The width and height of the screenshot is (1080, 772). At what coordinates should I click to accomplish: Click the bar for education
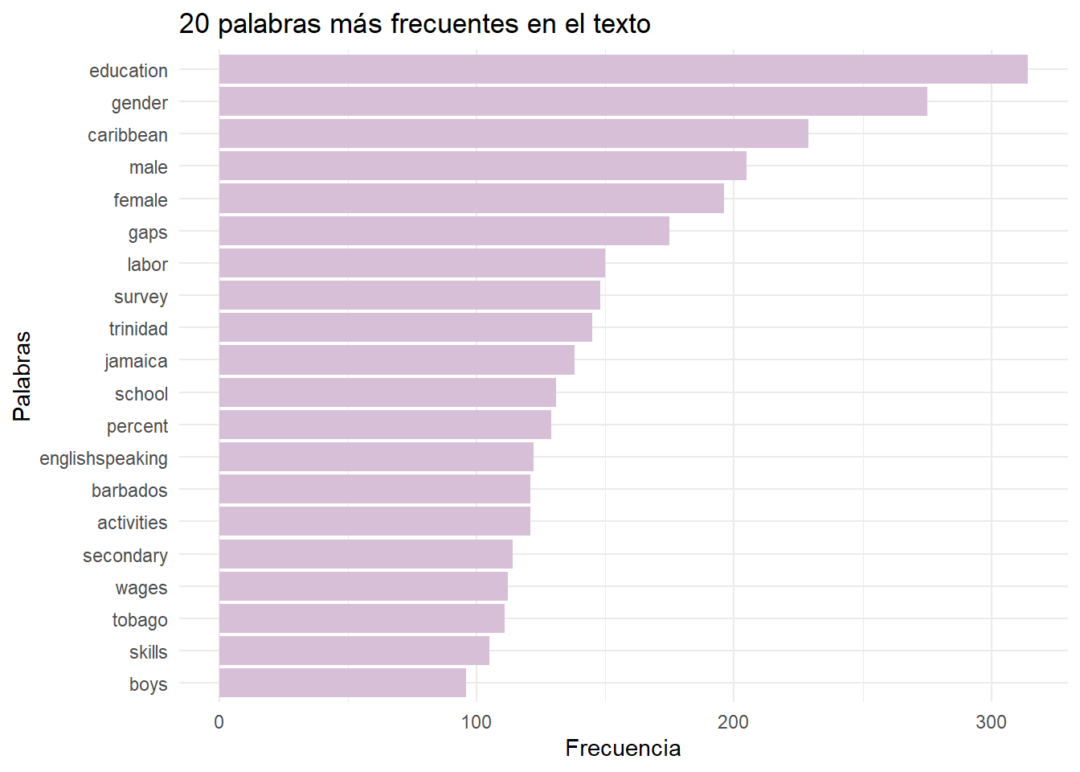pos(623,70)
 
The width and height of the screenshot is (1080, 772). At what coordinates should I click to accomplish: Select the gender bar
pos(573,102)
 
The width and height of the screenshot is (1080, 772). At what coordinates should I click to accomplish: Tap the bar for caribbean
pos(513,134)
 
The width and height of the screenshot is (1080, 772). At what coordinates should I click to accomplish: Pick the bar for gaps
pos(444,232)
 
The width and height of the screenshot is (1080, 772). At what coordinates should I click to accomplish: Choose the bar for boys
pos(342,684)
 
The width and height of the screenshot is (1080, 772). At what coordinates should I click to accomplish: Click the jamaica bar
pos(396,360)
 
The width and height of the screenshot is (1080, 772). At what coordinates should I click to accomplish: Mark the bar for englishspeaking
pos(376,458)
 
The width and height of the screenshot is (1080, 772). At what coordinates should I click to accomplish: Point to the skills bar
pos(354,651)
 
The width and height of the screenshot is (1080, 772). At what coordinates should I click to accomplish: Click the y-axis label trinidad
pos(138,329)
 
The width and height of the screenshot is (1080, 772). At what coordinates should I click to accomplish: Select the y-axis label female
pos(141,200)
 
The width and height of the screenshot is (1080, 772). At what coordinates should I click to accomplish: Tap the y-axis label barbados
pos(129,491)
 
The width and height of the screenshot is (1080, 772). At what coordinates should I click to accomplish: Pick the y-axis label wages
pos(141,588)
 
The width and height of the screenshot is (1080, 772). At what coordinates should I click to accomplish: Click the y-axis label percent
pos(137,426)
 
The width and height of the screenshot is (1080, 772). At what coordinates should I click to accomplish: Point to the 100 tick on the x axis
pos(477,722)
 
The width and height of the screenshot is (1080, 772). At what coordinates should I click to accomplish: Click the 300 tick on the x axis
pos(991,722)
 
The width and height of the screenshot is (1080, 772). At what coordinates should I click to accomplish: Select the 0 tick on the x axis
pos(219,722)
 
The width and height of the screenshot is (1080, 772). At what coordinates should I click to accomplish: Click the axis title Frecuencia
pos(623,749)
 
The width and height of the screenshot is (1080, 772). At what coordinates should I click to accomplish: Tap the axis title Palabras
pos(22,376)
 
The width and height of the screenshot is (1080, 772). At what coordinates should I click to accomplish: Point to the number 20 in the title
pos(194,24)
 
